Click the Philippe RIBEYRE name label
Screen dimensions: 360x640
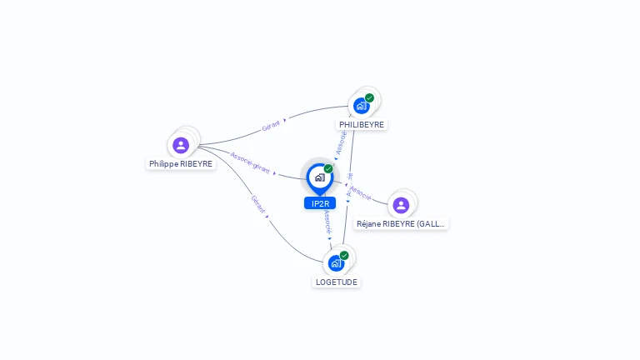point(181,164)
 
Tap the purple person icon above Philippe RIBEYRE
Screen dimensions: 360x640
point(181,145)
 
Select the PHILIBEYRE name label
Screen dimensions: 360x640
point(362,124)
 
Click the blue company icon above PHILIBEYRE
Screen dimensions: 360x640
point(361,106)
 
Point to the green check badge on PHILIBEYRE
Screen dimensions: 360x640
point(369,97)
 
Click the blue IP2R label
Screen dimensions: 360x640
point(319,203)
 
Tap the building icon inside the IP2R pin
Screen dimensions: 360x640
point(319,177)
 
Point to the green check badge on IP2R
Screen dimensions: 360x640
point(328,168)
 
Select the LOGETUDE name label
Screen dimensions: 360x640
point(336,282)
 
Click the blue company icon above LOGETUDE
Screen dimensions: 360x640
point(336,263)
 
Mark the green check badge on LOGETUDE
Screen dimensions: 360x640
point(344,255)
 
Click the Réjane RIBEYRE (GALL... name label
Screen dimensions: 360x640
point(401,223)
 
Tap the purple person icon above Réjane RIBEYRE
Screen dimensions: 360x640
point(401,205)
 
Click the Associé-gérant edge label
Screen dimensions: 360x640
point(250,162)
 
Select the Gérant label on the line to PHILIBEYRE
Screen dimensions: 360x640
point(271,126)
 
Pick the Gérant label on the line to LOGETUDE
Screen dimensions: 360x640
point(258,205)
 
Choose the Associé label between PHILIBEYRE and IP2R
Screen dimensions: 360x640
point(340,142)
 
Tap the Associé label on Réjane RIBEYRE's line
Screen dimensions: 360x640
point(361,192)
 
